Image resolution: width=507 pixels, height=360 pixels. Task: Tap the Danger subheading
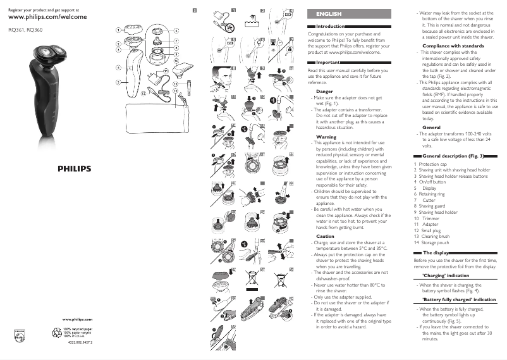pyautogui.click(x=324, y=92)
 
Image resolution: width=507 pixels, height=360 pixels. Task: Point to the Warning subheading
pyautogui.click(x=326, y=137)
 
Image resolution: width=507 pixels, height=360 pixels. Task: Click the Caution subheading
pyautogui.click(x=325, y=236)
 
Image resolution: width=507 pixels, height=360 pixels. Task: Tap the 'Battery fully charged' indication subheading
pyautogui.click(x=458, y=299)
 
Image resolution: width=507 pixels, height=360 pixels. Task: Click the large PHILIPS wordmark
pyautogui.click(x=75, y=170)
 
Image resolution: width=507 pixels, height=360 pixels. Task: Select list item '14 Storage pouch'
pyautogui.click(x=431, y=242)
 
